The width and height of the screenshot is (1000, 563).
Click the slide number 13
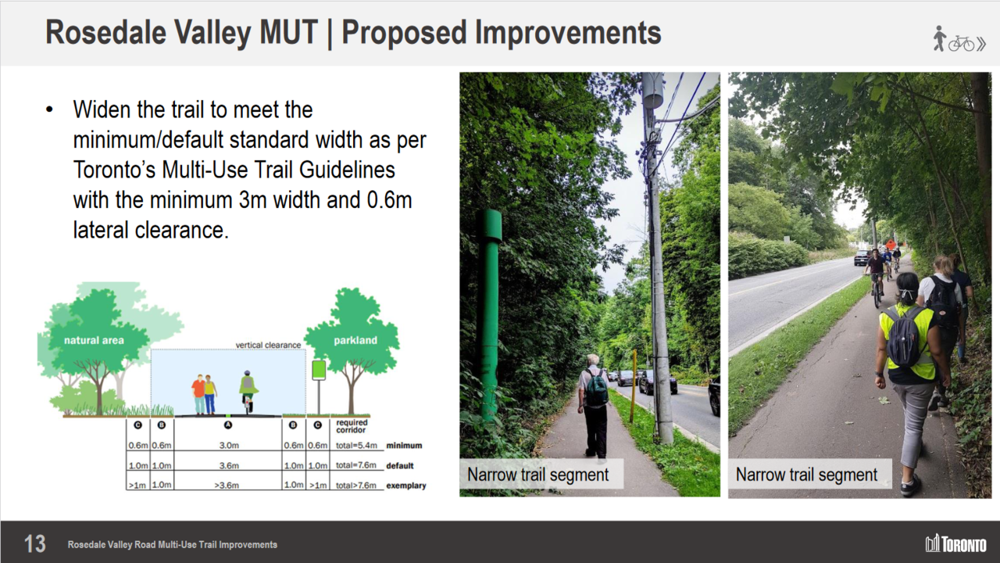click(35, 543)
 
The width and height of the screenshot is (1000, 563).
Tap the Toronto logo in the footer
click(955, 543)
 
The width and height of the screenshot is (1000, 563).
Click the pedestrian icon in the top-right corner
click(939, 38)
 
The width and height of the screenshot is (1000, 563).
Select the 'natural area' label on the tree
click(94, 340)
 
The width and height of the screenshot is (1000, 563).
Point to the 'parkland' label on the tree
click(355, 340)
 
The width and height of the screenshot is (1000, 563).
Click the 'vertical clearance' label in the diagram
click(268, 345)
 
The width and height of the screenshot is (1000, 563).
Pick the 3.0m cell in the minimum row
click(229, 446)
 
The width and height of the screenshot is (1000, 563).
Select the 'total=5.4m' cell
click(356, 446)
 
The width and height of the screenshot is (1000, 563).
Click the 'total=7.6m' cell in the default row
click(355, 465)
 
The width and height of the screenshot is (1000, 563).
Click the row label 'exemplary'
click(405, 486)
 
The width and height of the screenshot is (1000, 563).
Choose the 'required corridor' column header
click(352, 426)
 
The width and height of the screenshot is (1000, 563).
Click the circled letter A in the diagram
click(227, 425)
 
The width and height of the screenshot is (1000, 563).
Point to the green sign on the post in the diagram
click(319, 371)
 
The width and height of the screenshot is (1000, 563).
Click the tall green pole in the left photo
click(490, 313)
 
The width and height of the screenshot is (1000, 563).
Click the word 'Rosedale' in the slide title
click(105, 33)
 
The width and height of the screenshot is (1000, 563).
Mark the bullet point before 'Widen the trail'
click(49, 110)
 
